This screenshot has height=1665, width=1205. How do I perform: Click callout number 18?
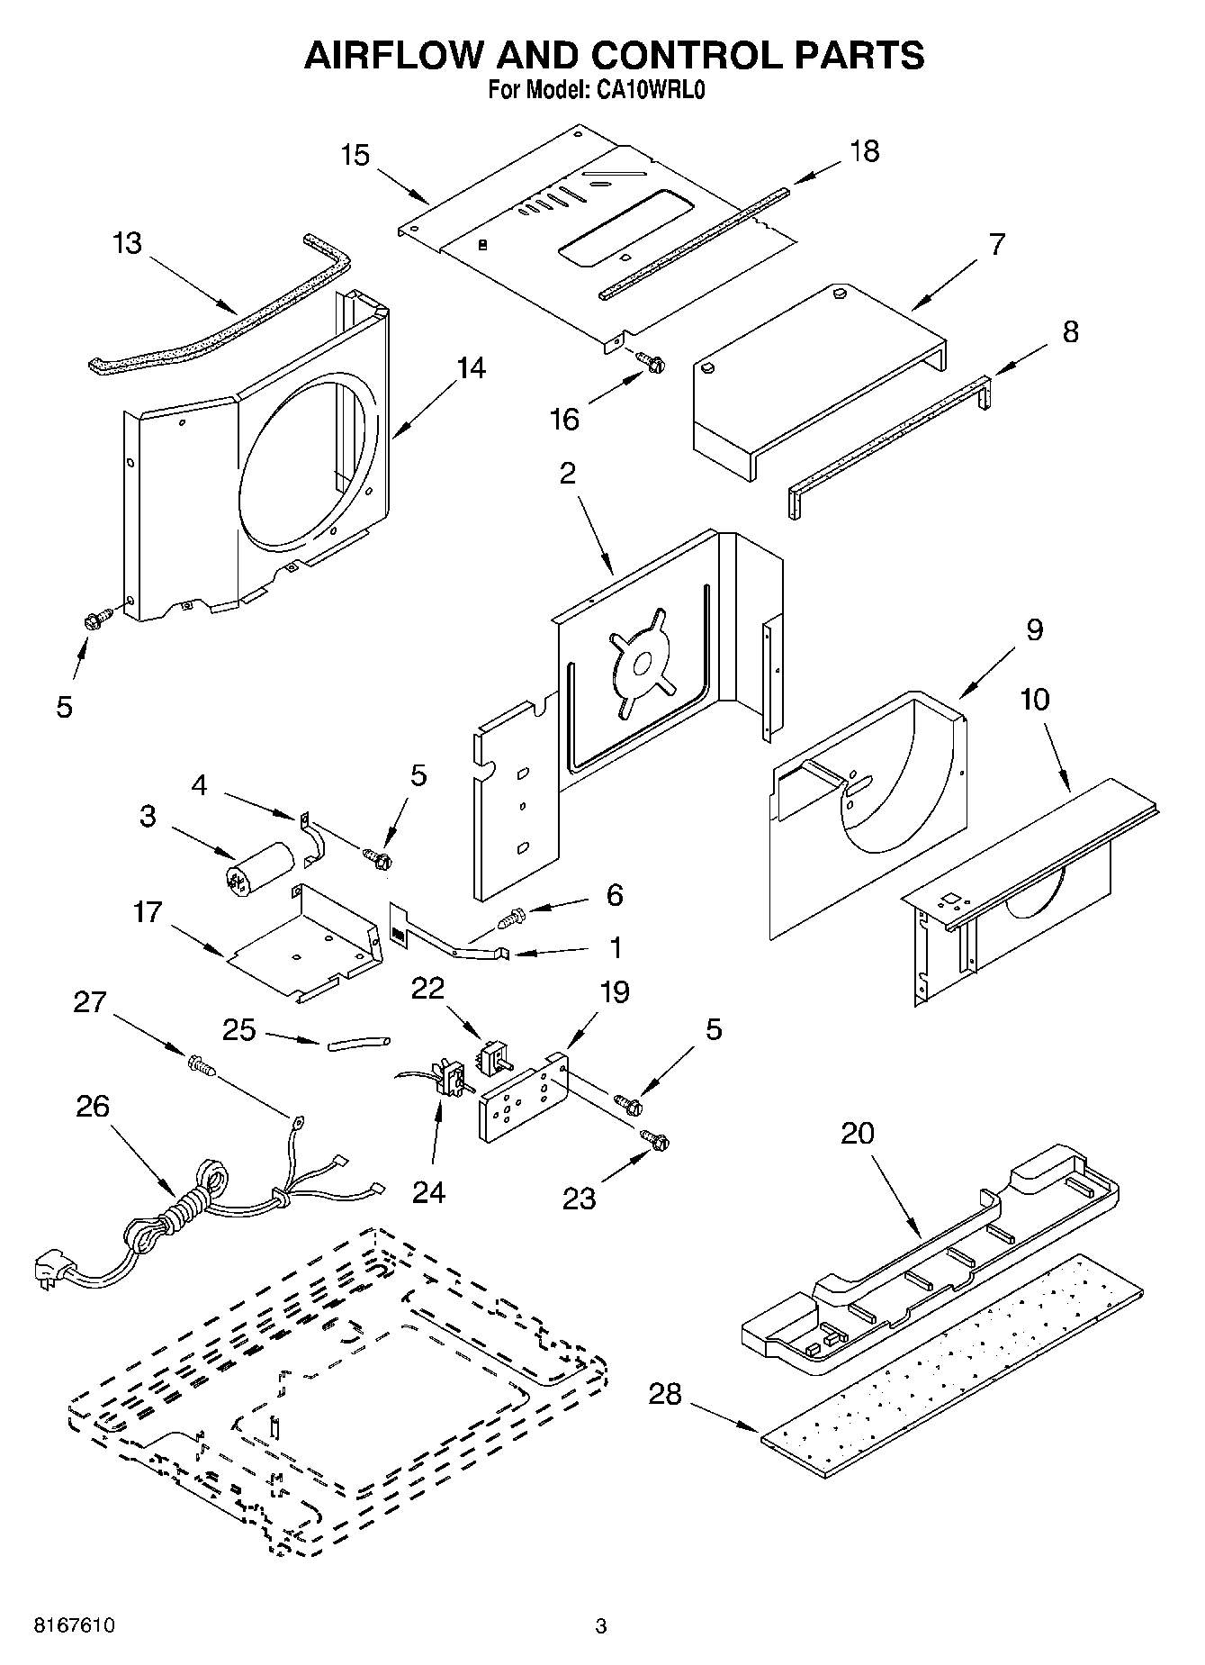[x=864, y=151]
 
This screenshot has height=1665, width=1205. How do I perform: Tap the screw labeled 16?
[x=652, y=362]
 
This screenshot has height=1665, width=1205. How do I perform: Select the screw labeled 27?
[x=202, y=1067]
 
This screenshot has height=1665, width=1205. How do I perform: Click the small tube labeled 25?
[x=359, y=1044]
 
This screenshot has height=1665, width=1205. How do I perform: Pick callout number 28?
[x=665, y=1394]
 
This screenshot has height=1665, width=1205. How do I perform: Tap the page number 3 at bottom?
[x=601, y=1626]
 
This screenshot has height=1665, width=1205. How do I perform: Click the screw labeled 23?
[x=654, y=1139]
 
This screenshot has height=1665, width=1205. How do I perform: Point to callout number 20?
[x=857, y=1133]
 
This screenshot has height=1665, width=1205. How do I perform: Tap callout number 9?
[x=1034, y=629]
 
